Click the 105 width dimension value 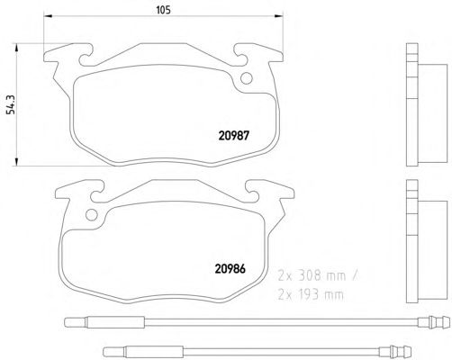coord(163,10)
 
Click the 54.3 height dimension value coord(11,104)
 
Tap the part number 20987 coord(234,136)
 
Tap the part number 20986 coord(231,269)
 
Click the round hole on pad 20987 coord(247,78)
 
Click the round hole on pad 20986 coord(92,215)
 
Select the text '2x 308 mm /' coord(318,275)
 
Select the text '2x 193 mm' coord(311,295)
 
